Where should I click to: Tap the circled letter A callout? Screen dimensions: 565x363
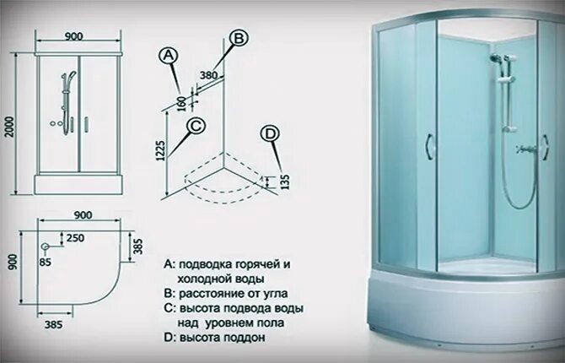coord(169,55)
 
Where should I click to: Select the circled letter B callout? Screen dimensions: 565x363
coord(239,38)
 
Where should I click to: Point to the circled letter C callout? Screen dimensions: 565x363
coord(196,126)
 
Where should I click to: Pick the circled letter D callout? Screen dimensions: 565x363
coord(270,133)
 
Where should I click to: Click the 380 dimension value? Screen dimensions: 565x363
coord(210,74)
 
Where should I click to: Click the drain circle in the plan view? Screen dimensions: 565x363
coord(46,246)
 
